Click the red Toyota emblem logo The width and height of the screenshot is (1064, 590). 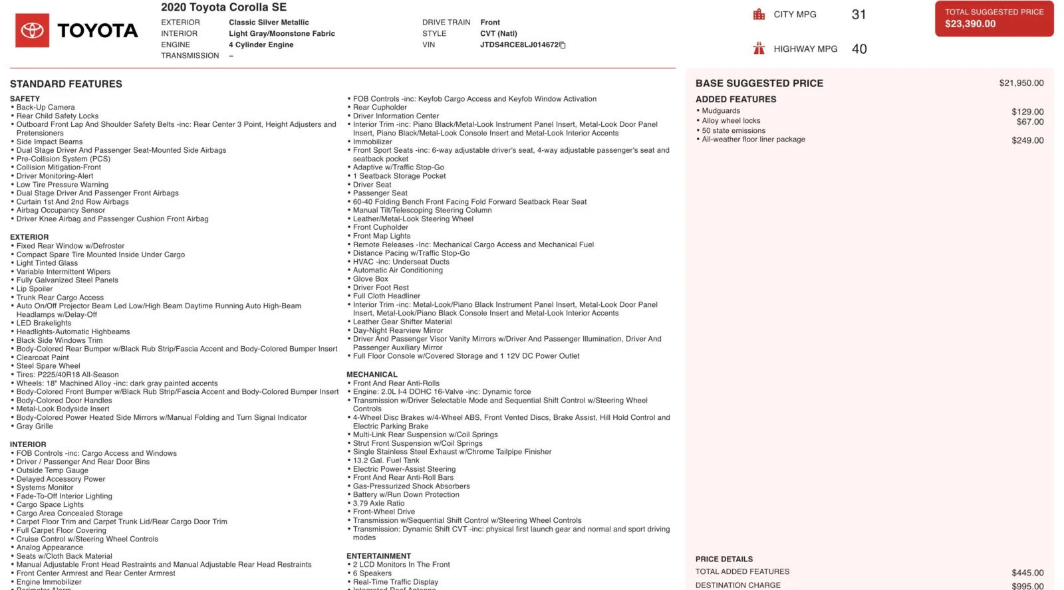(32, 31)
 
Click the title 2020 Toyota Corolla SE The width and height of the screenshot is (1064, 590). (223, 7)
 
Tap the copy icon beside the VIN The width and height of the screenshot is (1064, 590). (563, 45)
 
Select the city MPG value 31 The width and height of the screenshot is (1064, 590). (859, 15)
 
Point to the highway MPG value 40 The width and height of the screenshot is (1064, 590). (859, 49)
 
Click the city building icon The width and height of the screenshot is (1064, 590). (759, 15)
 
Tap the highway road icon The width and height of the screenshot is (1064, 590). (759, 49)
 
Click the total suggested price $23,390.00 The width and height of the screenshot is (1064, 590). (970, 24)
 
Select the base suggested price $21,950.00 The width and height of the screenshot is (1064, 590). (1021, 83)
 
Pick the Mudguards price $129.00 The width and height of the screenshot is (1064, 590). (1027, 112)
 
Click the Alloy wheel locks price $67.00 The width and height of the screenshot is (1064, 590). (1029, 122)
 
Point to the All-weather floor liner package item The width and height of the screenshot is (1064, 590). (753, 140)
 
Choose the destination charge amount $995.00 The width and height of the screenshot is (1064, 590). (1027, 586)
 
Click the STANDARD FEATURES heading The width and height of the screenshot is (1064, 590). (66, 84)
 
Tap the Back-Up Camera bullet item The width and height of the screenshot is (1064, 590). (45, 107)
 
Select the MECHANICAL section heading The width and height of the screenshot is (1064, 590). (372, 375)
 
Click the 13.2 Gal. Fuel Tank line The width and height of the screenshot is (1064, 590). (386, 460)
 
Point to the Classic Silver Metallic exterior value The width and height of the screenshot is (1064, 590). (269, 23)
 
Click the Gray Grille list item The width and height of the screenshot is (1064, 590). (35, 427)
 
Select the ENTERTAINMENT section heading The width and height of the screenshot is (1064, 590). (378, 556)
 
